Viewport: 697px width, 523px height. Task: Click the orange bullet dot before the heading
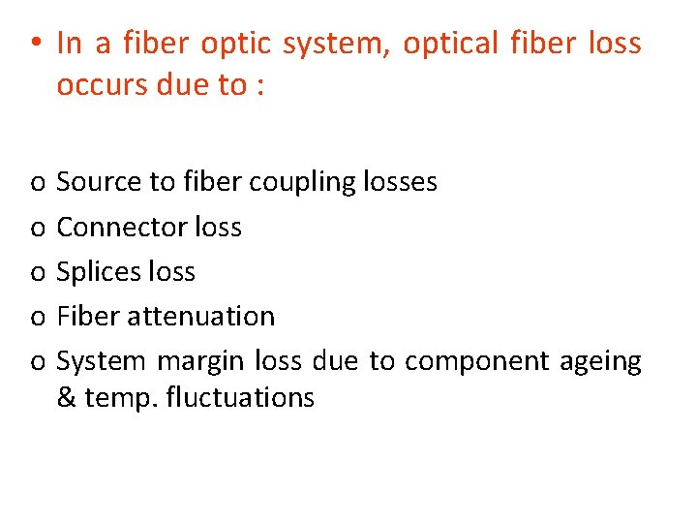coord(34,44)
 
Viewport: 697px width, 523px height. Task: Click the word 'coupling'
coord(302,182)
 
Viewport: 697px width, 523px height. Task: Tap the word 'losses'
coord(399,182)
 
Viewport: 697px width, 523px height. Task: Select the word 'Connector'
coord(122,228)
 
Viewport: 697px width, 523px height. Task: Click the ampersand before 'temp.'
coord(66,398)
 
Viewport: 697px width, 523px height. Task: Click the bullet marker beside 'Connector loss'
coord(35,229)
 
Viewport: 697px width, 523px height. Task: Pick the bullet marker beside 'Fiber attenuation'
coord(35,318)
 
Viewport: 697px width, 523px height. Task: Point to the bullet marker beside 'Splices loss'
coord(35,273)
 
